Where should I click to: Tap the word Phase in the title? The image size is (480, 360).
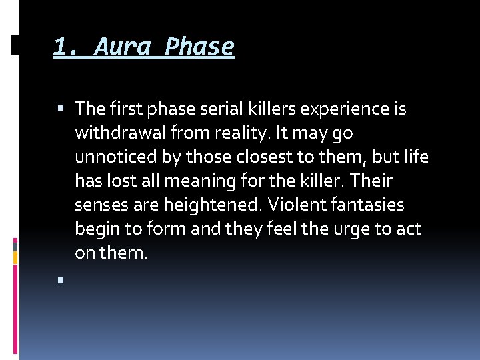click(x=199, y=47)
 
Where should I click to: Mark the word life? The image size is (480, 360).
click(x=416, y=157)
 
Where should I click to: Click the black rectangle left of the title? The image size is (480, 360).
click(x=15, y=45)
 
